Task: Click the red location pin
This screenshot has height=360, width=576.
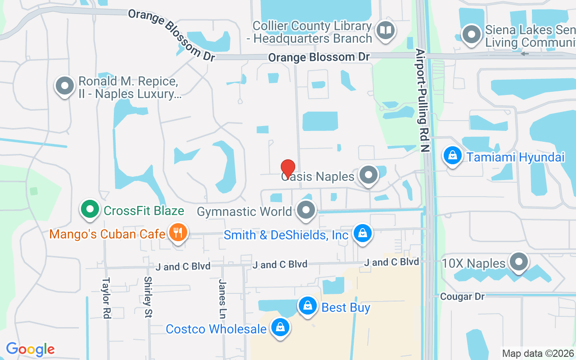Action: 288,169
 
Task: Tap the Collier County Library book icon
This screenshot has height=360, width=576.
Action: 386,31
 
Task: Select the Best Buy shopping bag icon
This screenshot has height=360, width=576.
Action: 308,306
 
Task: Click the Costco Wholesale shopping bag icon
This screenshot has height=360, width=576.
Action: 280,328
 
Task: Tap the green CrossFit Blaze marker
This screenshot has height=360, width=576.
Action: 90,209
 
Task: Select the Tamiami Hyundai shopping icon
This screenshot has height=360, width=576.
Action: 453,156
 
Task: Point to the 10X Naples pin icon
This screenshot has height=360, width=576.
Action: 518,261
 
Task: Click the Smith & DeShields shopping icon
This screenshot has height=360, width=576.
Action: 362,233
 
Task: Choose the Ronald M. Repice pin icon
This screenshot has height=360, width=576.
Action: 64,85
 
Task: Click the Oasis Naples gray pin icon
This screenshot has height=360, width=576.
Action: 369,175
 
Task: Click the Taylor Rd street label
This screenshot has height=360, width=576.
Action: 106,298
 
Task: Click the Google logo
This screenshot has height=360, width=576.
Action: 30,349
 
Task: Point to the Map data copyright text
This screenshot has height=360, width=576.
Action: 538,353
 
